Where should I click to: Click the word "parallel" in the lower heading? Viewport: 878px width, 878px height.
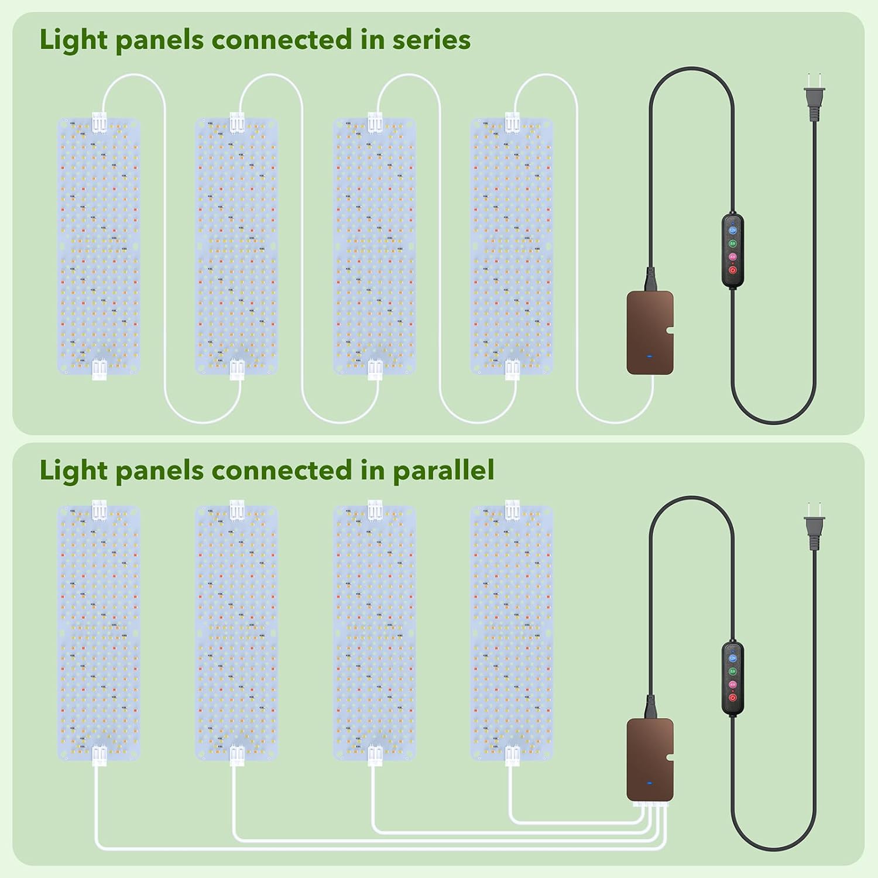(443, 470)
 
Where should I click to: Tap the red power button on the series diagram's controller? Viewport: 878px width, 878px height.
(732, 270)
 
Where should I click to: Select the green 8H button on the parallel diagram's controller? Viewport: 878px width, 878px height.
(732, 671)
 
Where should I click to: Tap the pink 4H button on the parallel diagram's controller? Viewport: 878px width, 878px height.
(732, 684)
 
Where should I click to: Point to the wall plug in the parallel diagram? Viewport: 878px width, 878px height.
(814, 530)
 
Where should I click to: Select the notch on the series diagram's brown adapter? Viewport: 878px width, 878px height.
(670, 335)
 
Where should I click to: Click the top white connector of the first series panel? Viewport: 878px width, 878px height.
(98, 122)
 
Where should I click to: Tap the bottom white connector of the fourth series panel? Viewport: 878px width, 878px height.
(512, 369)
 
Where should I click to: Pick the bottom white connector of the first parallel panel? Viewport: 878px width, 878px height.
(98, 755)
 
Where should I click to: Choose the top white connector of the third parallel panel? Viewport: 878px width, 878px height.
(374, 509)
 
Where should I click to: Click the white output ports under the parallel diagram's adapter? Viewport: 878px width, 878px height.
(650, 805)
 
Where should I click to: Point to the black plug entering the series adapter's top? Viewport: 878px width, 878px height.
(650, 280)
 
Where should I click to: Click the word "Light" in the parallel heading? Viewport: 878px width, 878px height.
(73, 470)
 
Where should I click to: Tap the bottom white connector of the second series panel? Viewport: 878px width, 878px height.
(236, 369)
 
